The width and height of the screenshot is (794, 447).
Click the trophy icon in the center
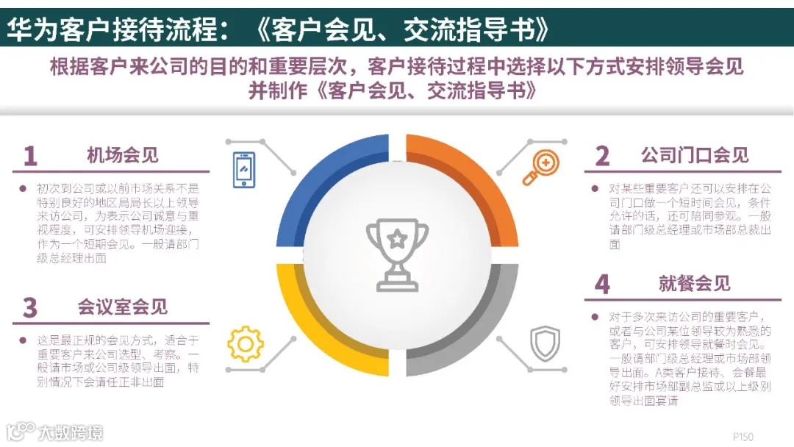(397, 254)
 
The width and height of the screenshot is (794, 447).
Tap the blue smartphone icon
(244, 170)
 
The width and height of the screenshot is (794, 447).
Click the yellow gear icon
(246, 344)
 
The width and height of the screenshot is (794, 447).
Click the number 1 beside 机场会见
(29, 157)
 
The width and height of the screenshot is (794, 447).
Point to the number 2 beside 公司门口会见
(602, 157)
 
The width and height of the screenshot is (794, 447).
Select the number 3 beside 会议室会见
(29, 308)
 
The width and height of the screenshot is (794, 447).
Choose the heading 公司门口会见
(694, 155)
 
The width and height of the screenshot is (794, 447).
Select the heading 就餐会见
(694, 284)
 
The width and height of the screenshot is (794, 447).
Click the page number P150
(743, 436)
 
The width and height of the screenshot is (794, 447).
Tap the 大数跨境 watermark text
(71, 432)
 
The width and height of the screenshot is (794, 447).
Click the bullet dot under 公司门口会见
(595, 188)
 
